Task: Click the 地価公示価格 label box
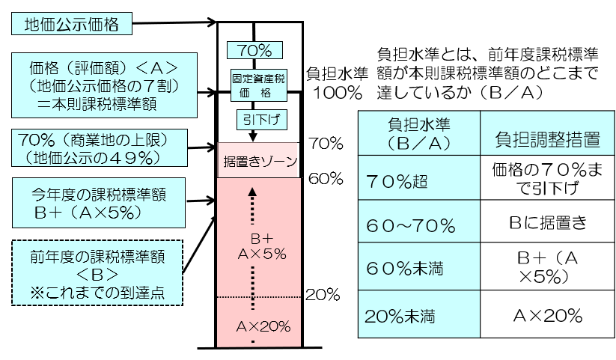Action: pos(71,25)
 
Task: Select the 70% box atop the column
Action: pos(254,51)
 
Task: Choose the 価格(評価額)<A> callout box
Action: pos(95,81)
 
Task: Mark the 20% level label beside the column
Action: pos(324,294)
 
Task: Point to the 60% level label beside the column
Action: pos(325,178)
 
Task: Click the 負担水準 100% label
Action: pos(336,84)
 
